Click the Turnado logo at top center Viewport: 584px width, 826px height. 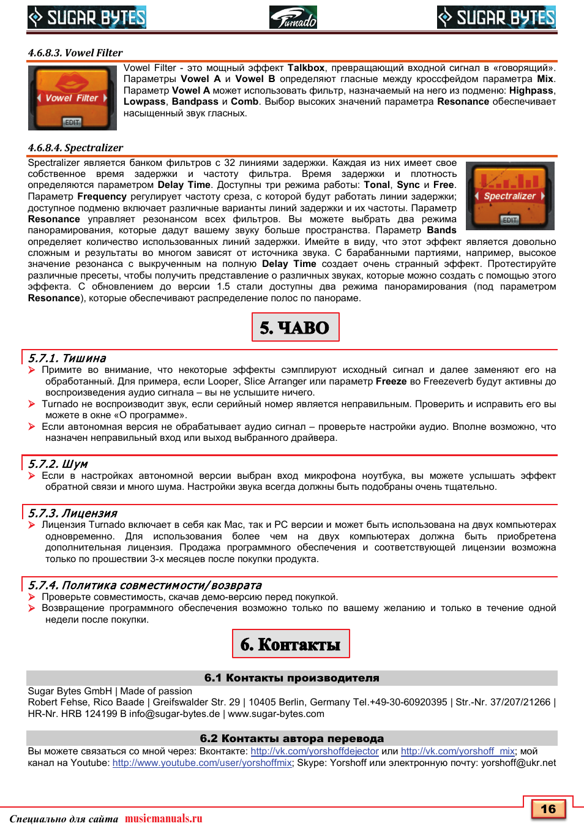293,17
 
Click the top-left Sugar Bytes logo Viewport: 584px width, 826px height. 87,17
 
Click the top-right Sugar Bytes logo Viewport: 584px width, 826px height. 496,17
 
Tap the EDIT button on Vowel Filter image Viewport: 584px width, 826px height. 72,122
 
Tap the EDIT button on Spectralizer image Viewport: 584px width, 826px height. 509,220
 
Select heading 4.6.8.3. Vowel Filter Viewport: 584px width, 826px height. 75,53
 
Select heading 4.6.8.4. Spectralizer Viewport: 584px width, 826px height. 75,148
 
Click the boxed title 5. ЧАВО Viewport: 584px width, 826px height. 295,328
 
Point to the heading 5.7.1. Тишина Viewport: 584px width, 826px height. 67,358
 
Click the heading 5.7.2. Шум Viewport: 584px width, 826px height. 58,464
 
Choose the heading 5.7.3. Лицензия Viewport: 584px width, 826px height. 73,513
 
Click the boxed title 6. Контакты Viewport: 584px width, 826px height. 291,644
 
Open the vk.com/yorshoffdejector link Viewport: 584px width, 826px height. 315,751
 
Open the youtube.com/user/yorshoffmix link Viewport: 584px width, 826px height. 202,763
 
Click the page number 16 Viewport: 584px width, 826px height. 548,809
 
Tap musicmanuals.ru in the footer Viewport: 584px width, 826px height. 163,819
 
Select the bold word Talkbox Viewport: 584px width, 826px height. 306,68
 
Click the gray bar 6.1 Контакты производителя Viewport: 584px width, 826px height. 291,678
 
